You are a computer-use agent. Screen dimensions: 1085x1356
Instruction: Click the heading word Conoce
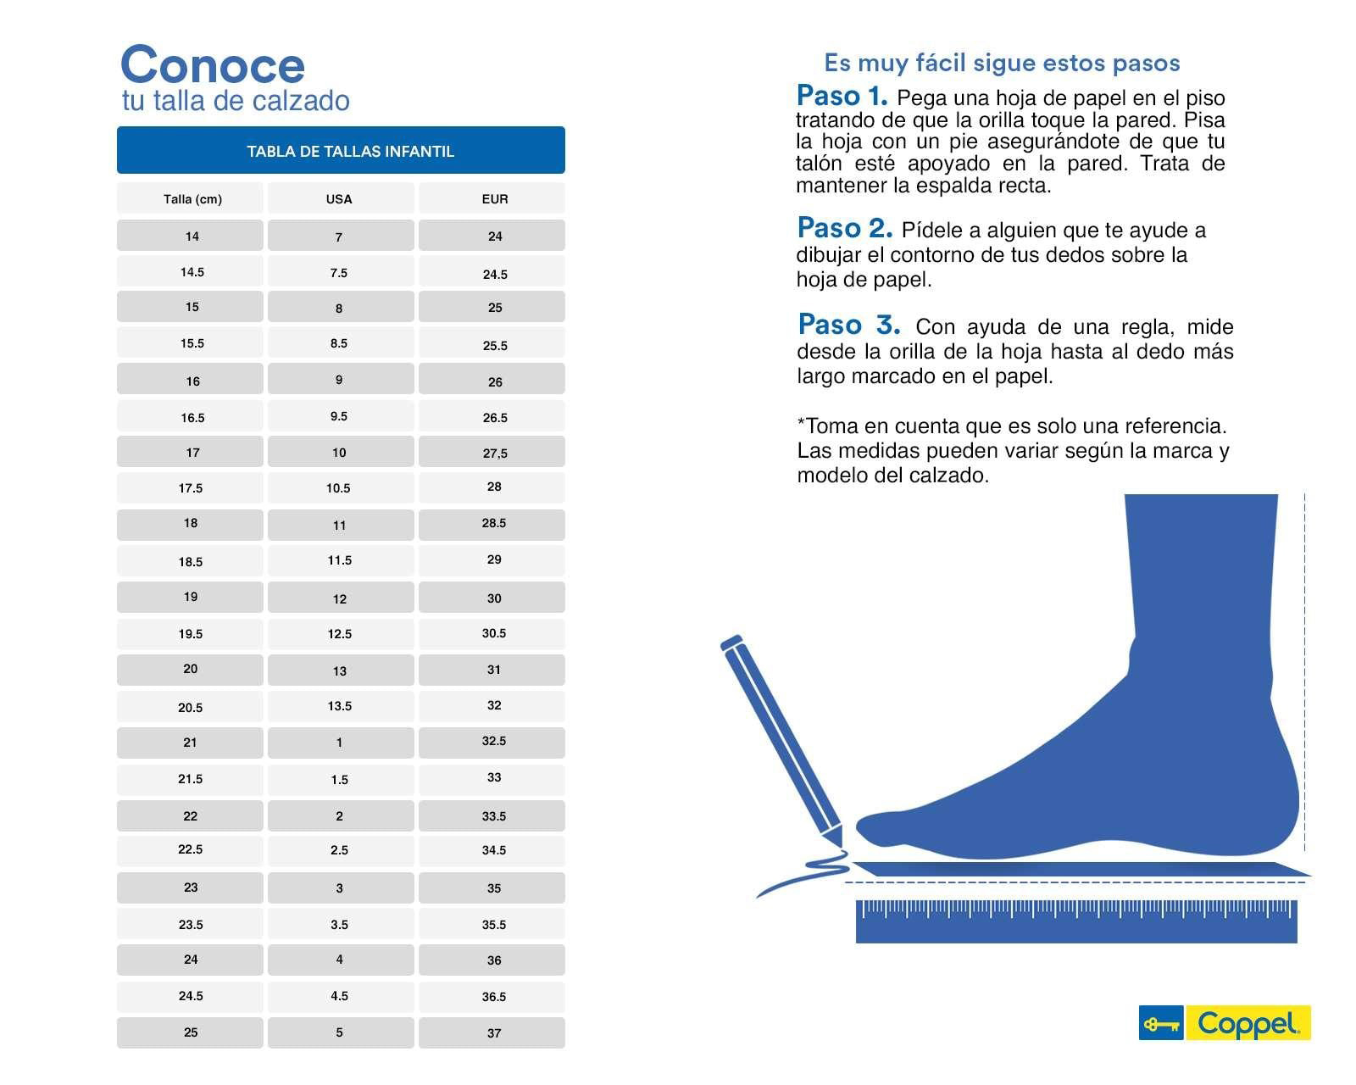(212, 64)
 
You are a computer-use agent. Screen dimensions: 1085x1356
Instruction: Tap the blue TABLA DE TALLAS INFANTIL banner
(341, 151)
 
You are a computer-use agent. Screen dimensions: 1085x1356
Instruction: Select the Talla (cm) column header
(192, 199)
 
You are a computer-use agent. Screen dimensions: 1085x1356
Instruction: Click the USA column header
(339, 199)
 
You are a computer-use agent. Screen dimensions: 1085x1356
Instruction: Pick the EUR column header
(494, 199)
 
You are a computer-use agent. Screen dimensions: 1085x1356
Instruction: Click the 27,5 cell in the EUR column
(494, 453)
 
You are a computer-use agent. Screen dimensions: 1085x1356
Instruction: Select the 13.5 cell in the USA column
(339, 705)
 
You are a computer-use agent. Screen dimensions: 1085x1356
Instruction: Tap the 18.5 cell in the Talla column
(191, 561)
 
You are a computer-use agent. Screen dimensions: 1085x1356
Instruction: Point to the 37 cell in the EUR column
(494, 1032)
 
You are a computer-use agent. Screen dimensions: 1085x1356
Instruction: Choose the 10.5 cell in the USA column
(339, 488)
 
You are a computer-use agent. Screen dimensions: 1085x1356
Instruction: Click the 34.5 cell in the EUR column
(494, 849)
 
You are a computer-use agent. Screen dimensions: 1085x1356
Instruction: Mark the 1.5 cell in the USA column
(339, 779)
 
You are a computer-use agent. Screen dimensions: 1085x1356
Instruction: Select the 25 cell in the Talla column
(191, 1032)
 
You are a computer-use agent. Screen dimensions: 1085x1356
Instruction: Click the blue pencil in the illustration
(780, 737)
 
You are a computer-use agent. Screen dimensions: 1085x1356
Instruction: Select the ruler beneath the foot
(1076, 921)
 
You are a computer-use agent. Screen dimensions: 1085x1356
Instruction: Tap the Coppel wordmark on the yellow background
(1248, 1023)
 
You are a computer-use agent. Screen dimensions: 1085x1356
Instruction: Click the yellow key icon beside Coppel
(1161, 1023)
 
